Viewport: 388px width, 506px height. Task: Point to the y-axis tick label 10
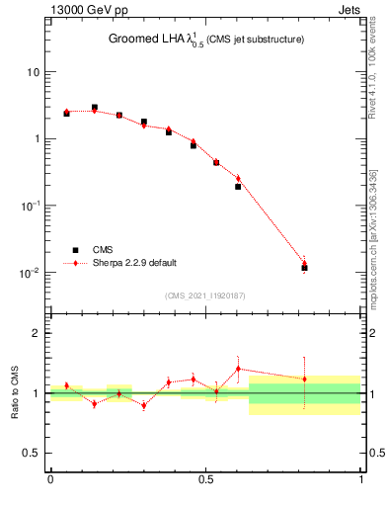coord(34,72)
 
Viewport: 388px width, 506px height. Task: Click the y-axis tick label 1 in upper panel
coord(37,139)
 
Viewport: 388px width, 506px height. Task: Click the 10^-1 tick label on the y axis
coord(31,206)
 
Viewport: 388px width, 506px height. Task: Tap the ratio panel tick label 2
coord(37,333)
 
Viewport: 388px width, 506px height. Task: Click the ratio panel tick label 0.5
coord(32,454)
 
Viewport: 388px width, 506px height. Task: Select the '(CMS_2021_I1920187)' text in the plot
coord(205,295)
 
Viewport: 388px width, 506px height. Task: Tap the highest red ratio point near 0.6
coord(238,369)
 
